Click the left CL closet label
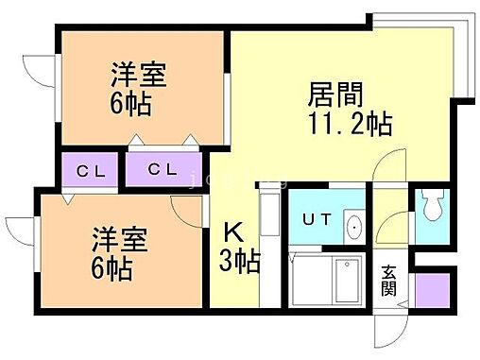click(x=90, y=171)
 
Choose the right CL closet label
click(x=163, y=171)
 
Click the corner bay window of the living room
click(x=436, y=57)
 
